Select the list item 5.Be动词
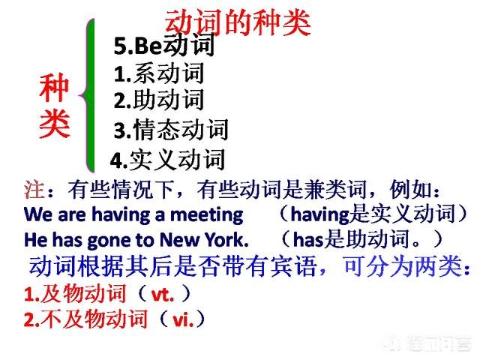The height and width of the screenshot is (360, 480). pos(164,46)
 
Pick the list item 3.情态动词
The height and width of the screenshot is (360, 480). pos(171,130)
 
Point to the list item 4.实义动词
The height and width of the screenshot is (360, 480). pos(167,159)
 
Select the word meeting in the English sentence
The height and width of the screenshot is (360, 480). pos(205,214)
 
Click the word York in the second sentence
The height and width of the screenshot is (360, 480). pos(223,240)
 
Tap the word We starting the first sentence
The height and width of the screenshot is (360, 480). pos(36,214)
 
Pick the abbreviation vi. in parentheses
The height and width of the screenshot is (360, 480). pos(184,319)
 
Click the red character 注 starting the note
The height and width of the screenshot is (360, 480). pos(34,187)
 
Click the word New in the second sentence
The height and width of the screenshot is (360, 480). pos(177,240)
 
